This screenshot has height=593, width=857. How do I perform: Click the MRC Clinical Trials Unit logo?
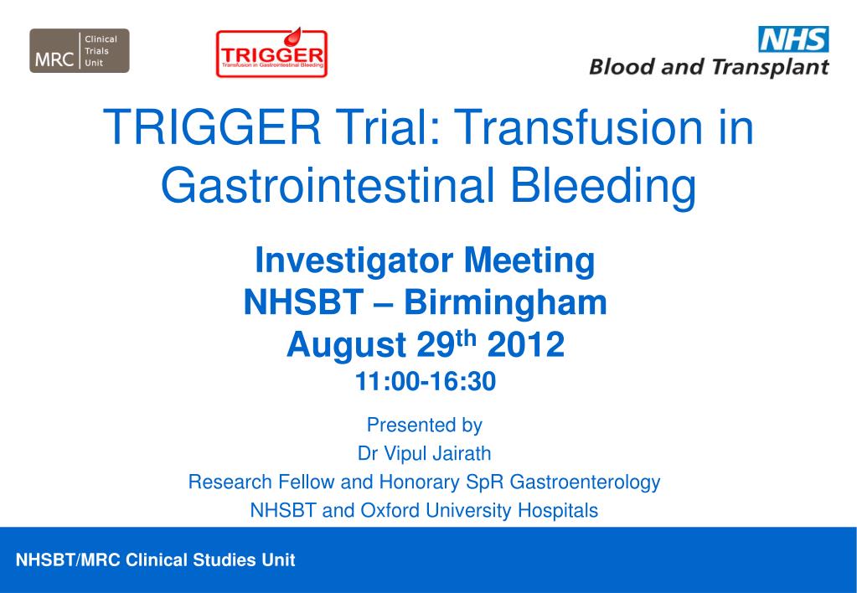pyautogui.click(x=80, y=51)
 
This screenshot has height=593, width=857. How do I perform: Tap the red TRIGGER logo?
pyautogui.click(x=271, y=53)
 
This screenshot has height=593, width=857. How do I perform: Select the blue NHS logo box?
pyautogui.click(x=793, y=39)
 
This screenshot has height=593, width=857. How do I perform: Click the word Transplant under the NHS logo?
pyautogui.click(x=771, y=67)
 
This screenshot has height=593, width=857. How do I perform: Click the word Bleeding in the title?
pyautogui.click(x=603, y=186)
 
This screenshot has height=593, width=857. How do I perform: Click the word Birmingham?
pyautogui.click(x=505, y=303)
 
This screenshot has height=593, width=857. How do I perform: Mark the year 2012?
pyautogui.click(x=526, y=344)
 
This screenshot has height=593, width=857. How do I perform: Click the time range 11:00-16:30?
pyautogui.click(x=426, y=381)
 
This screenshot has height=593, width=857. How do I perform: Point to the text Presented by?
pyautogui.click(x=425, y=425)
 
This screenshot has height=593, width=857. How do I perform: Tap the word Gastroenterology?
pyautogui.click(x=585, y=482)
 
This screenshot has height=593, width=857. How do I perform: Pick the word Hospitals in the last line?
pyautogui.click(x=557, y=510)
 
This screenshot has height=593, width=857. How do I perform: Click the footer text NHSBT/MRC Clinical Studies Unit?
pyautogui.click(x=156, y=560)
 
